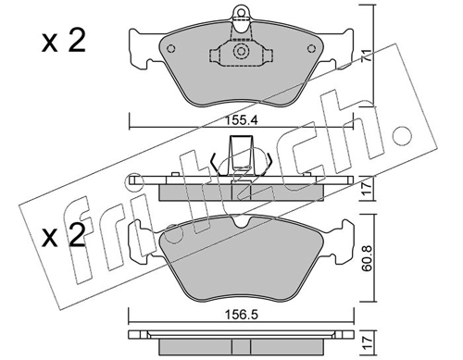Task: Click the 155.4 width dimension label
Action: pyautogui.click(x=241, y=120)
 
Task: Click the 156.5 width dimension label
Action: pyautogui.click(x=241, y=316)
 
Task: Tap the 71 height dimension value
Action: pyautogui.click(x=367, y=56)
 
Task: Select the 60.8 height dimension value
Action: pyautogui.click(x=368, y=258)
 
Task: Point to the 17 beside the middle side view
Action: pyautogui.click(x=367, y=189)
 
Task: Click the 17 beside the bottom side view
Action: pyautogui.click(x=368, y=342)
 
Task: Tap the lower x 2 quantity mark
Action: pyautogui.click(x=64, y=235)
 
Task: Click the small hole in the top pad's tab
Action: pyautogui.click(x=241, y=12)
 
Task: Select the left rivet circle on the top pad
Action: pyautogui.click(x=170, y=49)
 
